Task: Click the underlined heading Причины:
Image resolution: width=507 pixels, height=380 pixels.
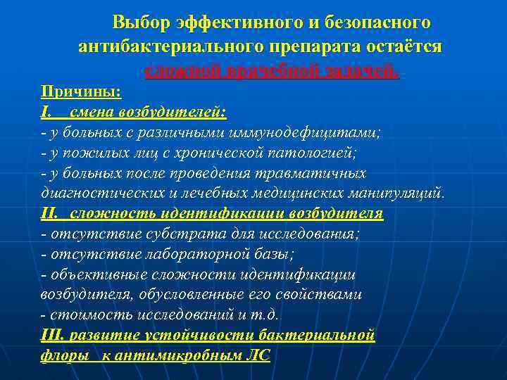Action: (x=81, y=92)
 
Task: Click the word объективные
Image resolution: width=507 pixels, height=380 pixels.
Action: (x=91, y=274)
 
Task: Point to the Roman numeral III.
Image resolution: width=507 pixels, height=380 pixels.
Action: (x=54, y=335)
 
